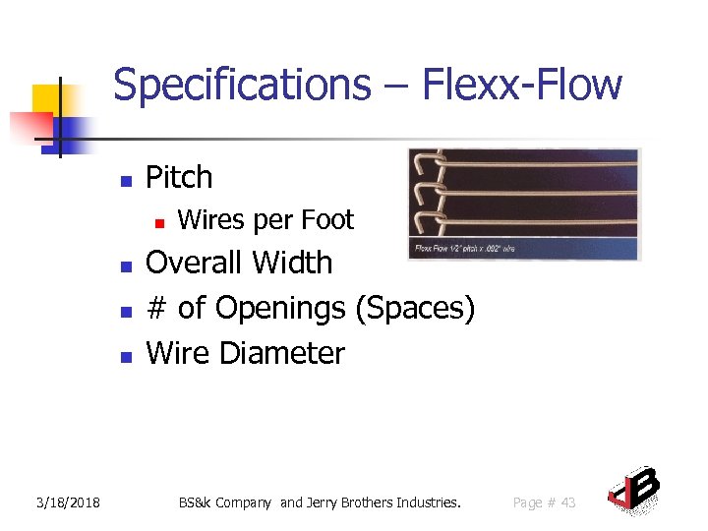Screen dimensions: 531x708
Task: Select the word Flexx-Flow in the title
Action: pos(523,85)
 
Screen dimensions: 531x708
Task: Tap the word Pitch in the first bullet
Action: pos(179,177)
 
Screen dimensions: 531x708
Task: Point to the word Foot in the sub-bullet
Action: pos(326,220)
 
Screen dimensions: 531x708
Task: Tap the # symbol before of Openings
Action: pos(155,309)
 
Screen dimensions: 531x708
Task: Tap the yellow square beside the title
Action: pos(48,100)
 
